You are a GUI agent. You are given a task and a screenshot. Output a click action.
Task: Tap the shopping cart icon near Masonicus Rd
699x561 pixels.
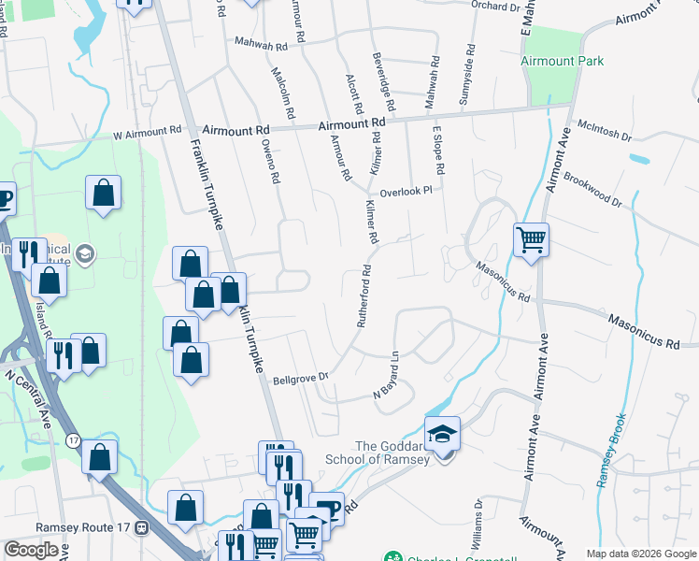click(531, 238)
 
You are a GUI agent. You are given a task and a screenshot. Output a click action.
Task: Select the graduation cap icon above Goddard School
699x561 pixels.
click(442, 434)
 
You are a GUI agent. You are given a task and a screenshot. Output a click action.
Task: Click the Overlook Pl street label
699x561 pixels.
click(406, 189)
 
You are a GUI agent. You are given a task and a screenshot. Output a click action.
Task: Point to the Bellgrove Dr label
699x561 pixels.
click(302, 379)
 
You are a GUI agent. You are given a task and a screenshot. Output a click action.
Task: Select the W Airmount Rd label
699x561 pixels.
click(147, 133)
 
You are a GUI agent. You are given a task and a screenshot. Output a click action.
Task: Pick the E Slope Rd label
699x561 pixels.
click(436, 150)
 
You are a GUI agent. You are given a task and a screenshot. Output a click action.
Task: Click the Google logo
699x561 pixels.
click(31, 550)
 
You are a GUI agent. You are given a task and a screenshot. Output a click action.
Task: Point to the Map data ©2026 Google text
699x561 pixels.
click(639, 554)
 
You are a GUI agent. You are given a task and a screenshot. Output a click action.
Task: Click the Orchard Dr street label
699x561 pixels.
click(494, 7)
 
